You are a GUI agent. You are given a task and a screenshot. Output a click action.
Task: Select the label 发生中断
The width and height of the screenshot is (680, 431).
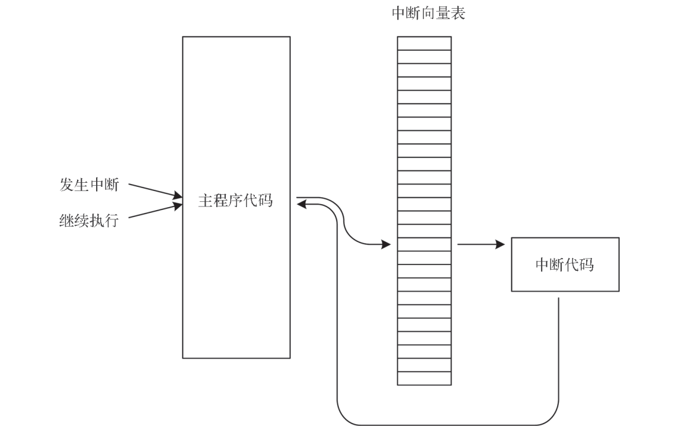tap(89, 185)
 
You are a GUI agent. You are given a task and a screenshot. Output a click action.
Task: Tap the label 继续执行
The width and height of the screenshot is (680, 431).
tap(89, 220)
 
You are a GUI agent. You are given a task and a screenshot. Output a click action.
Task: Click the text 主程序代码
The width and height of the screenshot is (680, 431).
tap(235, 202)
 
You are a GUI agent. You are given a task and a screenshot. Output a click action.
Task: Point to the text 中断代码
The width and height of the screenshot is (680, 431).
tap(564, 265)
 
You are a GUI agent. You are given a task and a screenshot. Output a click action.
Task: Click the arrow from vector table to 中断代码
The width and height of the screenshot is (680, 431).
tap(481, 245)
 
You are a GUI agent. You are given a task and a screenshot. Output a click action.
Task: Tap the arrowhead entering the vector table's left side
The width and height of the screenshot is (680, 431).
tap(386, 245)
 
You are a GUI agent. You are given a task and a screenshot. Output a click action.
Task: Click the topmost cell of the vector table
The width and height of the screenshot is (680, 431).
tap(424, 43)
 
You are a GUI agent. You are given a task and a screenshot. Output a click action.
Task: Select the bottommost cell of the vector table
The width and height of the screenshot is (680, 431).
tap(424, 378)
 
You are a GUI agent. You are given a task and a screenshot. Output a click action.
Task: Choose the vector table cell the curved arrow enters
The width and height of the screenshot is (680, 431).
tap(424, 244)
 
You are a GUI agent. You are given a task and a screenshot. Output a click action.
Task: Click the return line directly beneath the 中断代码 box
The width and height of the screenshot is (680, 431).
tap(558, 347)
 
